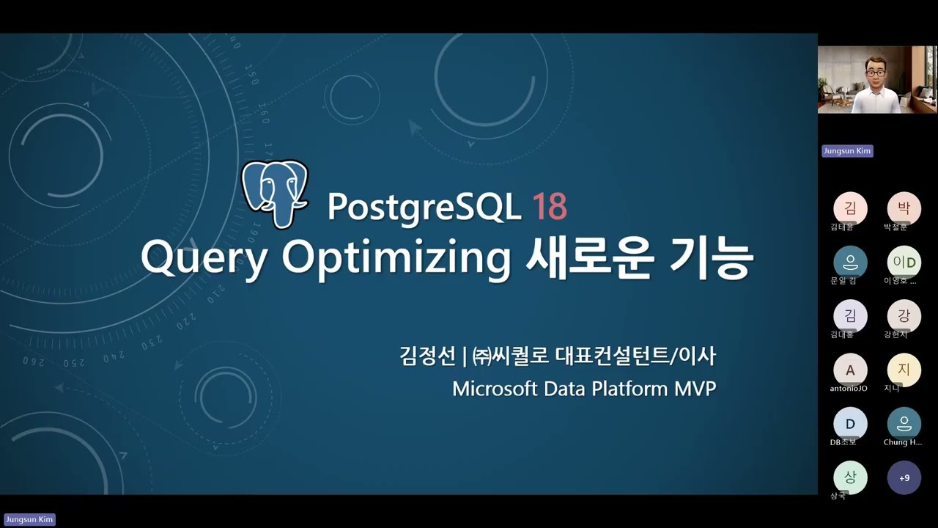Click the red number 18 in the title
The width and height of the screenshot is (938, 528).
[549, 208]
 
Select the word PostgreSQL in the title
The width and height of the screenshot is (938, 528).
[424, 208]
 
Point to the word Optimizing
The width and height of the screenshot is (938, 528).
[396, 258]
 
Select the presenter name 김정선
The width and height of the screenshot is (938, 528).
[427, 357]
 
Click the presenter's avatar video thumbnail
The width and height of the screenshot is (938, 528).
[876, 79]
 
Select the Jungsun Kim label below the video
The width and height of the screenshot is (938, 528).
[847, 151]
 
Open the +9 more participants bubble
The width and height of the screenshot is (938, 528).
[904, 478]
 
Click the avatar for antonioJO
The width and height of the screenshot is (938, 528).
[850, 370]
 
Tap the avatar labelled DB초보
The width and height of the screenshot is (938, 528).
[850, 424]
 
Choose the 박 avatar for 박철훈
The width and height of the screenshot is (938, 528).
[904, 208]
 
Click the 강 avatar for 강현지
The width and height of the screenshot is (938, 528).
[904, 316]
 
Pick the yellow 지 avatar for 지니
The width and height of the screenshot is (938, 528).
[904, 370]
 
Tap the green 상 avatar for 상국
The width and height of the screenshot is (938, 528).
[850, 477]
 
